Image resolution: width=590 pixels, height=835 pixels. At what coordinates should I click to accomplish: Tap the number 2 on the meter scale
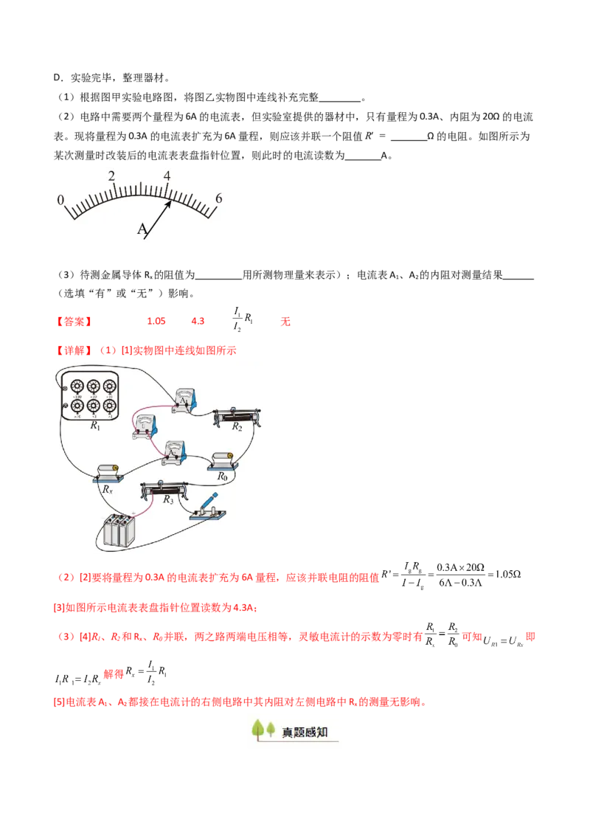(x=111, y=176)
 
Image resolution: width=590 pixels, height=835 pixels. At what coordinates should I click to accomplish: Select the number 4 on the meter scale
(x=167, y=176)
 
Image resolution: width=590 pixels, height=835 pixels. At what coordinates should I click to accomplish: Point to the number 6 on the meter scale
(x=218, y=198)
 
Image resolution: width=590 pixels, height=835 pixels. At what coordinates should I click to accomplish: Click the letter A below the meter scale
(x=142, y=229)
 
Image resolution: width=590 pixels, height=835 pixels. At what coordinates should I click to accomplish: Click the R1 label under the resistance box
(x=95, y=426)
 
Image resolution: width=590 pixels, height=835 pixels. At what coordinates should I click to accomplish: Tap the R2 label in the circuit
(x=237, y=426)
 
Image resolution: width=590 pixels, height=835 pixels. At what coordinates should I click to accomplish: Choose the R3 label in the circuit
(x=168, y=499)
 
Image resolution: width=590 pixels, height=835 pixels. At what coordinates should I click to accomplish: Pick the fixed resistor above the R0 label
(x=222, y=460)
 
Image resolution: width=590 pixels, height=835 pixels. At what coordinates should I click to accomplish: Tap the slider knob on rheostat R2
(x=239, y=412)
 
